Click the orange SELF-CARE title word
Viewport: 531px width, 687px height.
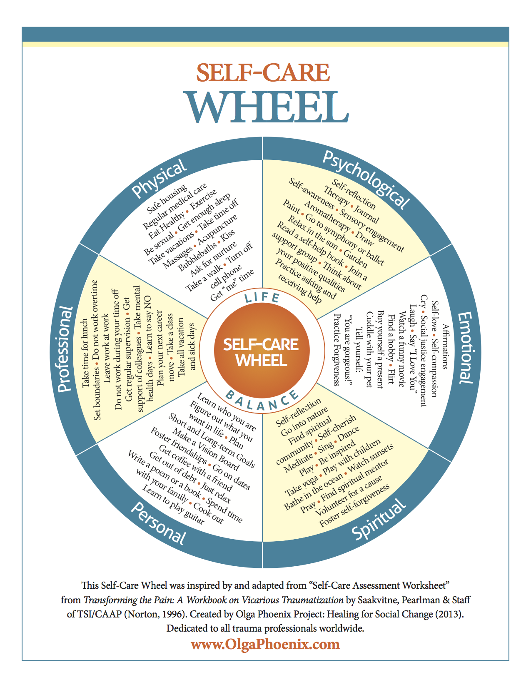(263, 72)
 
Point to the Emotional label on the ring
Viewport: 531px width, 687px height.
(466, 348)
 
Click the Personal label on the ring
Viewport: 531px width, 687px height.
(158, 523)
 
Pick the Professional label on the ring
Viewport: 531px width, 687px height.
(65, 349)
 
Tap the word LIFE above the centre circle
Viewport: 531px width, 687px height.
(262, 297)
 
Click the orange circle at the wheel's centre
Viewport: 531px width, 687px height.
(262, 350)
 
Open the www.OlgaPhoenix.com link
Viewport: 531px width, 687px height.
(265, 644)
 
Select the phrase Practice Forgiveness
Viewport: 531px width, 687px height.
(337, 350)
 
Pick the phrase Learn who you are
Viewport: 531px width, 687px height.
(226, 412)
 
